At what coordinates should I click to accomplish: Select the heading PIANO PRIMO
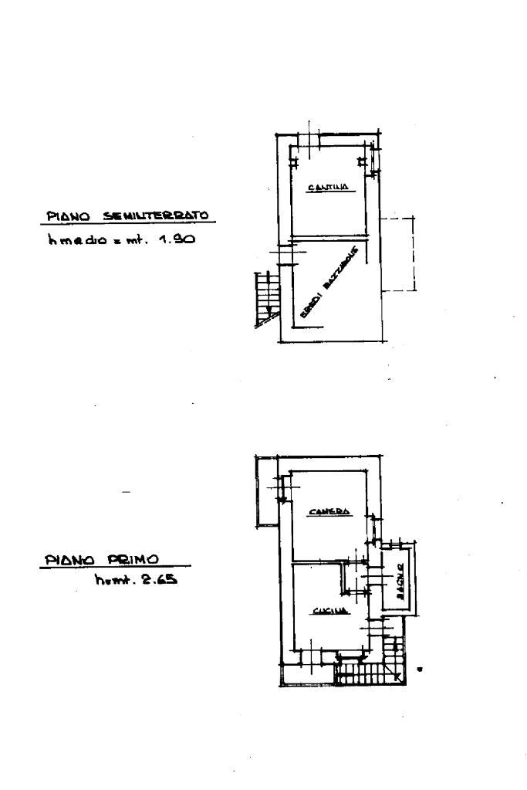[x=101, y=559]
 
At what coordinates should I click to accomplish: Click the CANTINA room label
[x=328, y=187]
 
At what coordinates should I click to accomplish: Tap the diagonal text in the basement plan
[x=329, y=283]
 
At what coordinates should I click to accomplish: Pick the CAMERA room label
[x=329, y=511]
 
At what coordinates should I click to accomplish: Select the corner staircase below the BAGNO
[x=370, y=672]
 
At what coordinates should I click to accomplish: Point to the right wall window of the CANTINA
[x=374, y=160]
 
